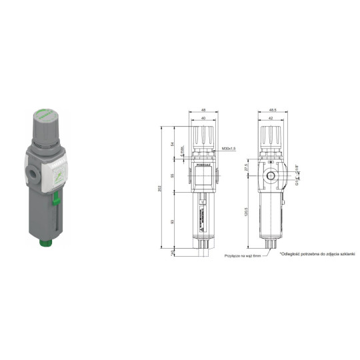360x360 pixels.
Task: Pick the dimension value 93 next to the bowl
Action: [174, 221]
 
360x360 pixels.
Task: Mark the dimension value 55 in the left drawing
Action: [174, 177]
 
